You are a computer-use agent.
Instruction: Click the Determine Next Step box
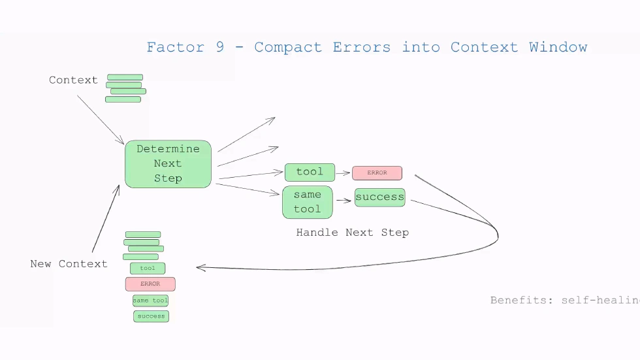[x=168, y=164]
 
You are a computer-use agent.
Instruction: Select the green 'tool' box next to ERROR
[x=310, y=172]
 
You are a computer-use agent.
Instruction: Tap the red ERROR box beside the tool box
[x=377, y=173]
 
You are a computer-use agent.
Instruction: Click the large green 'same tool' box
[x=307, y=202]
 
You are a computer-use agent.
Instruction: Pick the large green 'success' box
[x=379, y=197]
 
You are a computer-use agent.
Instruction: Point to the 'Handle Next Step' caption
[x=352, y=233]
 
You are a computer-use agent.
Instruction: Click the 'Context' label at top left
[x=73, y=80]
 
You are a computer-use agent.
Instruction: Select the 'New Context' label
[x=69, y=264]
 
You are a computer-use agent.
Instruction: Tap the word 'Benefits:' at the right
[x=522, y=301]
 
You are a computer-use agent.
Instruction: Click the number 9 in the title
[x=220, y=48]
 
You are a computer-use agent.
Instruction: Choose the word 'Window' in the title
[x=558, y=48]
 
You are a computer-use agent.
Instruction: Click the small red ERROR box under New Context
[x=150, y=284]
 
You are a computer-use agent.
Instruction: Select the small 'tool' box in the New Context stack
[x=148, y=269]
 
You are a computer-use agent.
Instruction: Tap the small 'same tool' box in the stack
[x=151, y=301]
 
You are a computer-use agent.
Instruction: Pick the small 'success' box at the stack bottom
[x=152, y=316]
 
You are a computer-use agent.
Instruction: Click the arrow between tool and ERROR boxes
[x=343, y=173]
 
